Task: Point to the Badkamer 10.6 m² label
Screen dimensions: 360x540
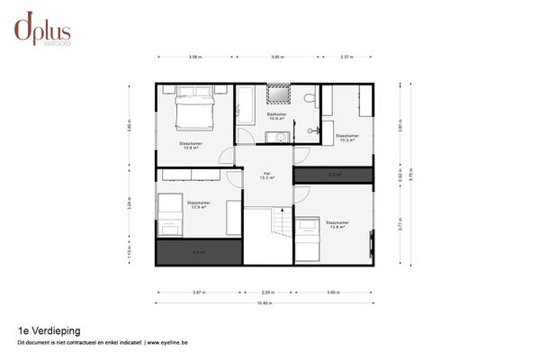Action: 276,116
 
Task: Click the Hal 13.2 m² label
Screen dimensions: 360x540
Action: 265,175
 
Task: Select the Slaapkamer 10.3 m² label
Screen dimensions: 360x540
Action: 346,138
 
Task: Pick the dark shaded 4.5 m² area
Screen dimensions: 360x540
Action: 199,252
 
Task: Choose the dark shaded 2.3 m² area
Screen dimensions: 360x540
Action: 333,175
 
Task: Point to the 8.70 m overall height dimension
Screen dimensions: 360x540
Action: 412,176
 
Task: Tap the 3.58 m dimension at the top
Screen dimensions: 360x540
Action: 194,57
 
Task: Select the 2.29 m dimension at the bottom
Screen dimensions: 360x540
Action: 267,292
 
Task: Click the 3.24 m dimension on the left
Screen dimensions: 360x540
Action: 130,203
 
